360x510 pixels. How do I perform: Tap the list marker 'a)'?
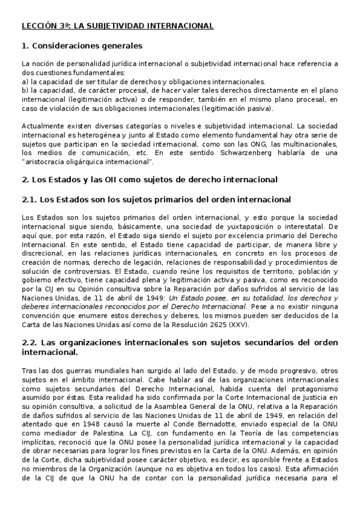25,81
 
